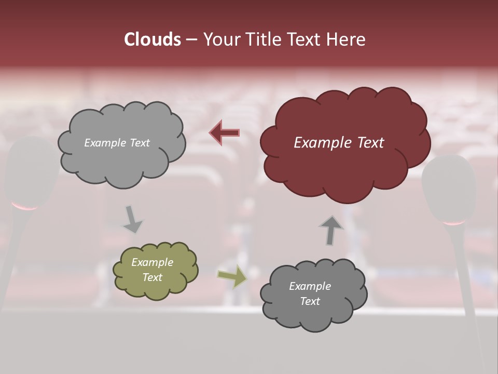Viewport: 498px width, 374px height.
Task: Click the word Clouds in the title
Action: tap(153, 39)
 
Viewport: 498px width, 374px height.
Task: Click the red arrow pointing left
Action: tap(224, 133)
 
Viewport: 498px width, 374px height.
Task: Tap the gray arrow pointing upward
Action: tap(331, 230)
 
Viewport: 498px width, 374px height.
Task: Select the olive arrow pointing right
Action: tap(232, 276)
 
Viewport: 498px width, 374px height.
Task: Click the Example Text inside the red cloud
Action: tap(339, 143)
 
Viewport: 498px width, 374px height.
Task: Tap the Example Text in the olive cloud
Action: tap(152, 270)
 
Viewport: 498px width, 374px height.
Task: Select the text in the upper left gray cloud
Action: tap(117, 143)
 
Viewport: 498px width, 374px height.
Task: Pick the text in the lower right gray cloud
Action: tap(310, 293)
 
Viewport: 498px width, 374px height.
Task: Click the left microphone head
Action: tap(29, 171)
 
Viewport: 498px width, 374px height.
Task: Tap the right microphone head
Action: tap(449, 187)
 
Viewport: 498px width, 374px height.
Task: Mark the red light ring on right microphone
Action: tap(454, 223)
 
